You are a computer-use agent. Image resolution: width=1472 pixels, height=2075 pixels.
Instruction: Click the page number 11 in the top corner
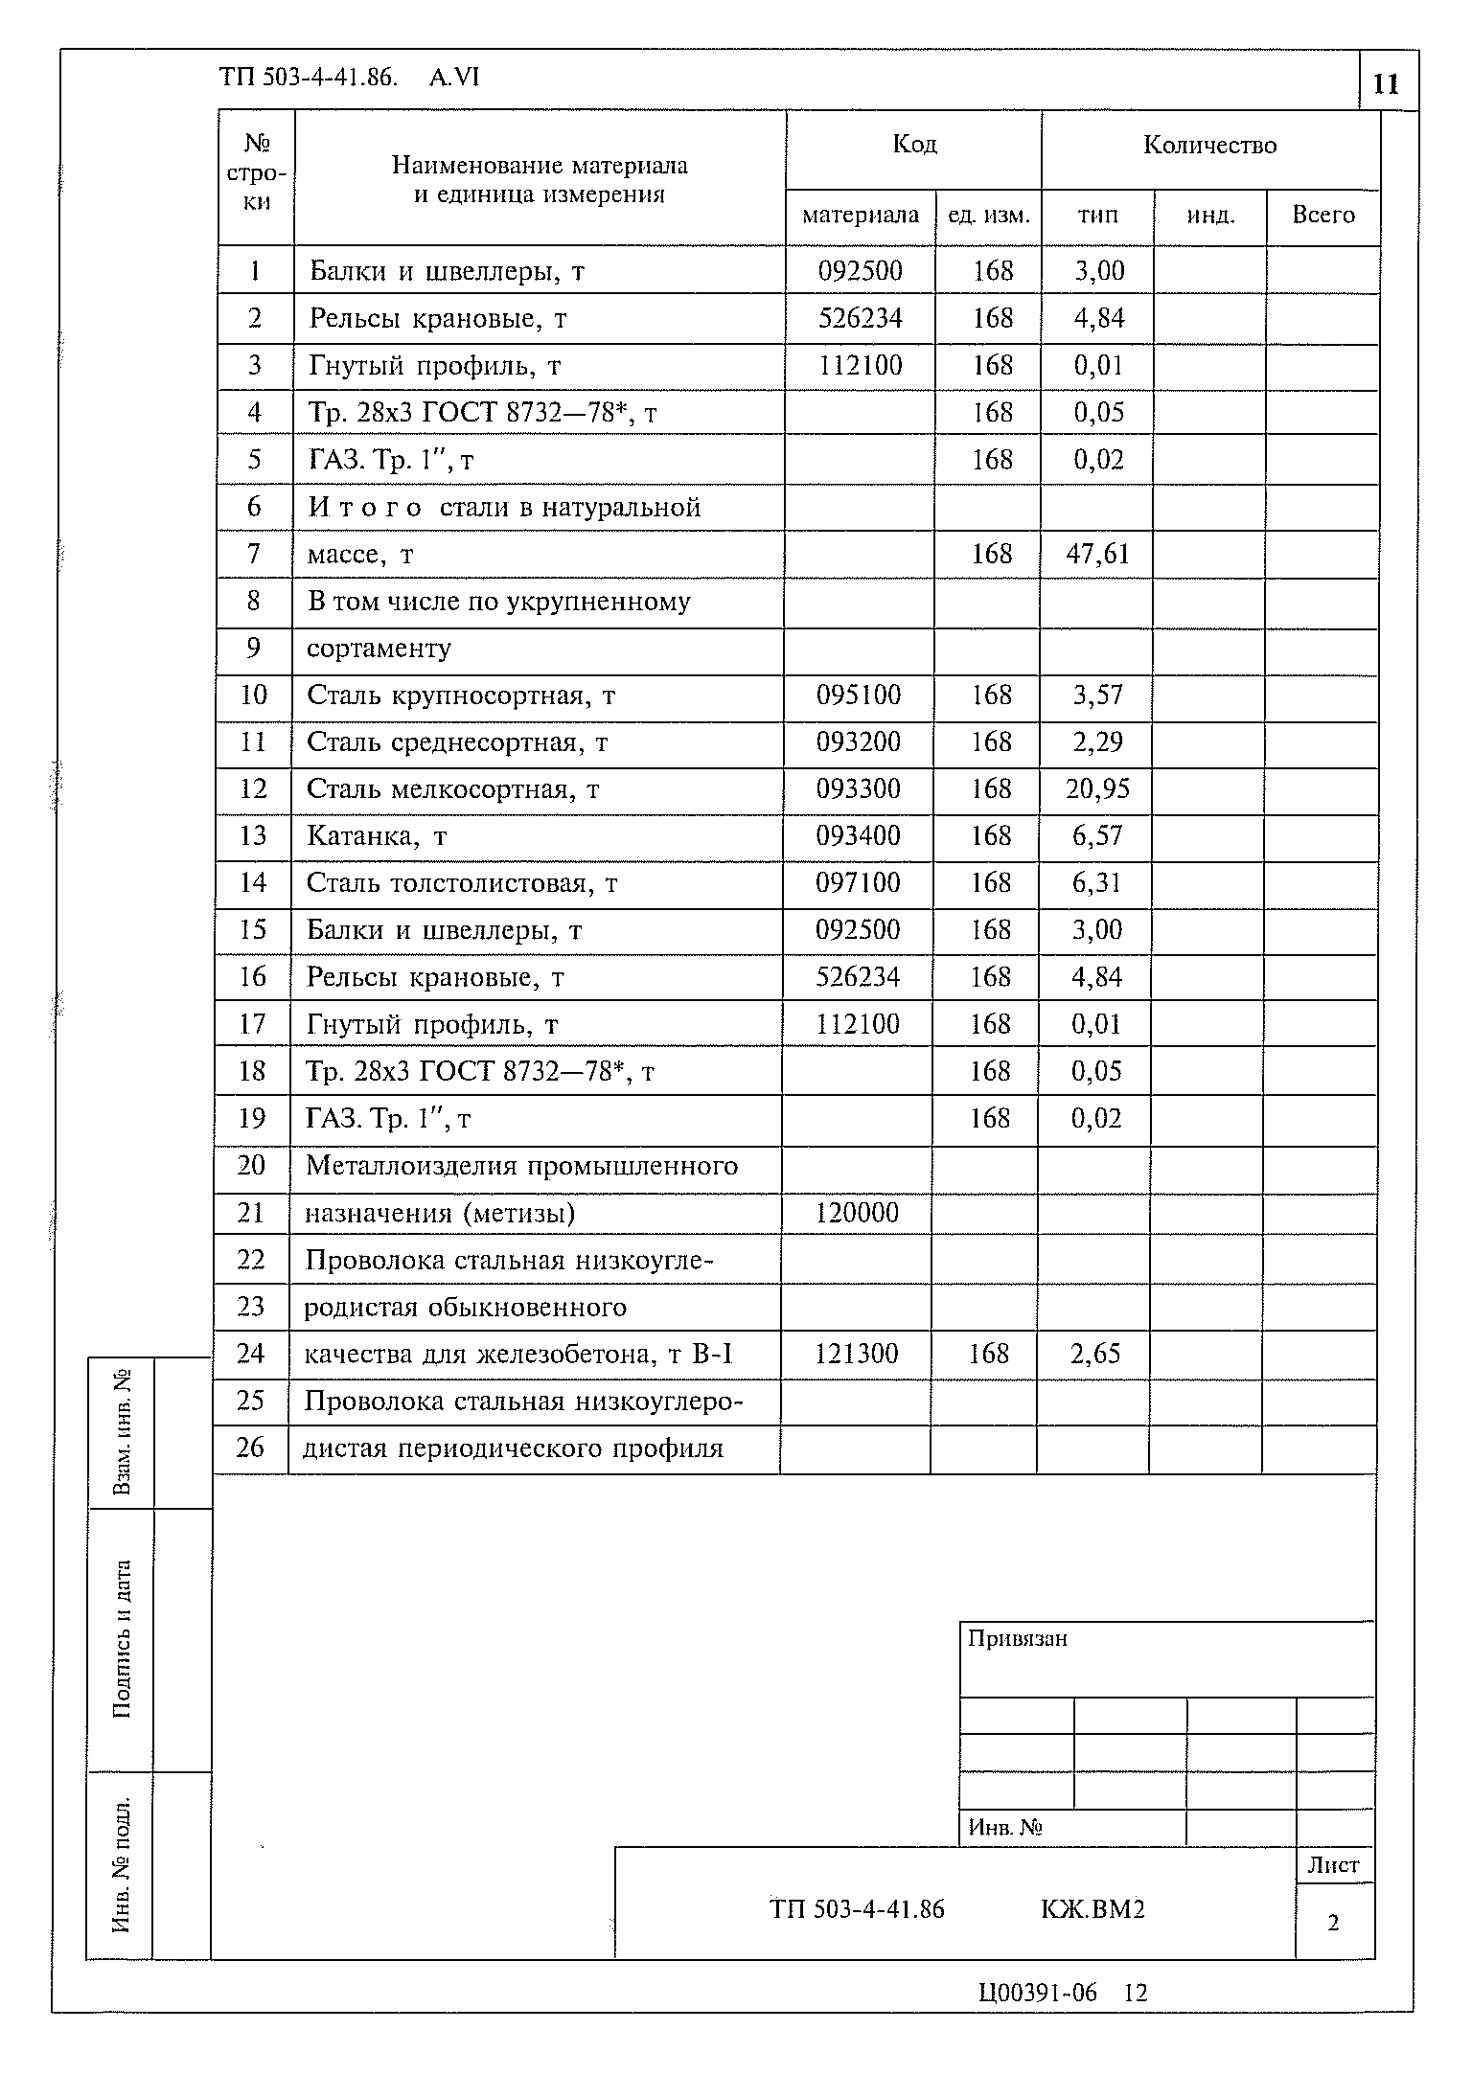click(x=1386, y=84)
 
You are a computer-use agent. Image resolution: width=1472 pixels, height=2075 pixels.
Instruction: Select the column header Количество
click(x=1209, y=146)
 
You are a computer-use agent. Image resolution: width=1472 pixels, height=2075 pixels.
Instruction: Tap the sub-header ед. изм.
click(x=988, y=216)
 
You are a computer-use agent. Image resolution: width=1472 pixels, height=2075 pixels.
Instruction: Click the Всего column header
click(x=1322, y=216)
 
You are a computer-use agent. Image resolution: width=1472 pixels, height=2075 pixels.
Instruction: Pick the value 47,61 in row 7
click(x=1096, y=554)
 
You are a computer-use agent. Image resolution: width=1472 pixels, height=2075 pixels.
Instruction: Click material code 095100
click(x=859, y=695)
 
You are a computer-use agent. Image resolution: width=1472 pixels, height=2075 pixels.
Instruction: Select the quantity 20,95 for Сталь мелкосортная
click(x=1097, y=788)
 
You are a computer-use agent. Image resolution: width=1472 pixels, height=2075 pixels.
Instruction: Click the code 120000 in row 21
click(x=857, y=1213)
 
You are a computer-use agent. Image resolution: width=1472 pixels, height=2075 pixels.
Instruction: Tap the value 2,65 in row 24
click(x=1095, y=1354)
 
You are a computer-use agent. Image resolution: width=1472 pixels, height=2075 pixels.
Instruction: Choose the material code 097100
click(x=859, y=882)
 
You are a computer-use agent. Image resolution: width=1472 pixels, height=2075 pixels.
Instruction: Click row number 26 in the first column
click(x=250, y=1448)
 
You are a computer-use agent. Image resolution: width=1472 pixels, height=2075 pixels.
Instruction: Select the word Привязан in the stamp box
click(x=1017, y=1639)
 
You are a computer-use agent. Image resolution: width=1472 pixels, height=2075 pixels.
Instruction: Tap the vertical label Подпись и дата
click(x=122, y=1639)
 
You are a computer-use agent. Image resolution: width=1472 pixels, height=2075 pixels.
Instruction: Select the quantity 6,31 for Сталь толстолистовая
click(x=1096, y=882)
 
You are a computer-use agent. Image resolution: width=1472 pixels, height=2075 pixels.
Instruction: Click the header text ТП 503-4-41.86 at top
click(x=308, y=77)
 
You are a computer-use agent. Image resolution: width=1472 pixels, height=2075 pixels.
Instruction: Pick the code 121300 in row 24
click(x=857, y=1354)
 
